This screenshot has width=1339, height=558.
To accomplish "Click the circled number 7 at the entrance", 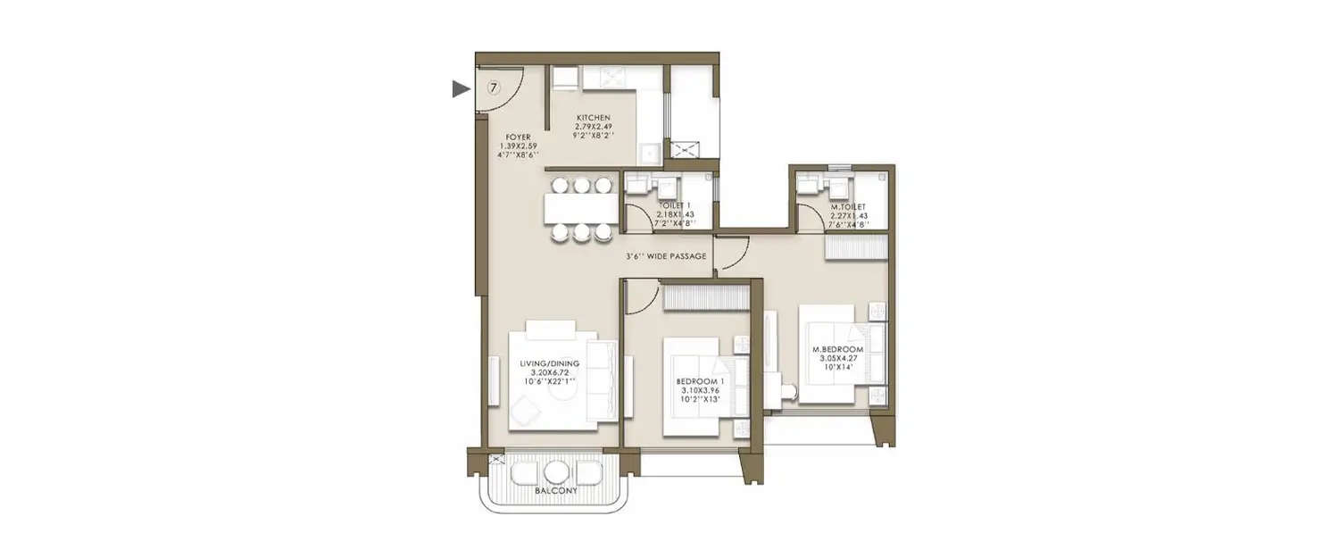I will click(492, 87).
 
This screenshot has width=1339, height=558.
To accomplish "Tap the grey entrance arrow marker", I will click(461, 88).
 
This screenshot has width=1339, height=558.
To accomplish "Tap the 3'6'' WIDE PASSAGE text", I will click(666, 256).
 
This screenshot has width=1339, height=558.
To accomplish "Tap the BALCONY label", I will click(555, 491).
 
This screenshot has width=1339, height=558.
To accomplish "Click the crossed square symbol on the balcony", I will click(495, 460).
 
